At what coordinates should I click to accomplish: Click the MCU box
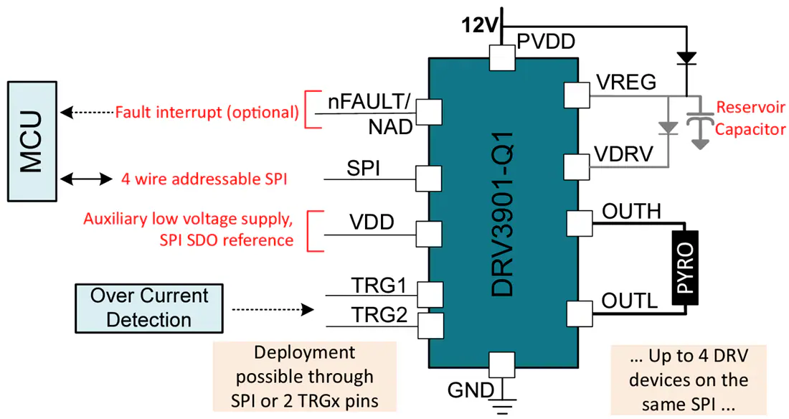32,141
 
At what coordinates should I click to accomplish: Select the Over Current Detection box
149,309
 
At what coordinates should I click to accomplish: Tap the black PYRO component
685,268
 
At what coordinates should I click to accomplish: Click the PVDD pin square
502,58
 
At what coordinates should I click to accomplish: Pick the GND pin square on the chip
501,365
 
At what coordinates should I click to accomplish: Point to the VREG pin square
577,95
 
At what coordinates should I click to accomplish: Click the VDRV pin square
577,167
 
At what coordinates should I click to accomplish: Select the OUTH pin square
580,223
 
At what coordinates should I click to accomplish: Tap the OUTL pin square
580,314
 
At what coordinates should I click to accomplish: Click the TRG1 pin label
379,286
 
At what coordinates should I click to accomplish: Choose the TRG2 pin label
379,315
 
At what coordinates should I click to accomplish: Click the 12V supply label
480,25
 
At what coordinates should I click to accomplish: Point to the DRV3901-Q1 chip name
503,214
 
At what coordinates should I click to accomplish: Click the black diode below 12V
687,58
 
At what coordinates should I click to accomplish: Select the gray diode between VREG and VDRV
668,128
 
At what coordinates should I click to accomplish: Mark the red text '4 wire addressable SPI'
204,179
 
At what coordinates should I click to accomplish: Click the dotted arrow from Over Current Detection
273,310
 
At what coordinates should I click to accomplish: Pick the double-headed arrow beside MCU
86,178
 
